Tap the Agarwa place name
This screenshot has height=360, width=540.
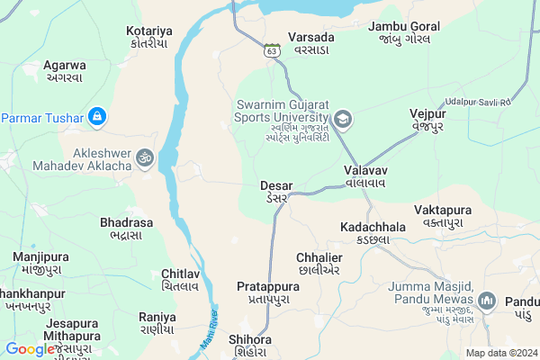(64, 71)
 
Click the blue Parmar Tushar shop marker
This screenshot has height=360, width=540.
(97, 117)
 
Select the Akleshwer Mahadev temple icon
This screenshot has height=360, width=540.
(142, 158)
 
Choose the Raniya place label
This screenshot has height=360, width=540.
(157, 322)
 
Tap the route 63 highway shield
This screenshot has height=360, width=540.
(272, 51)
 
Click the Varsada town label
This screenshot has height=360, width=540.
(311, 43)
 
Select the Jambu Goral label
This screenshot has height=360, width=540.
(403, 32)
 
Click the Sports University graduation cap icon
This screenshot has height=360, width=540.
(343, 119)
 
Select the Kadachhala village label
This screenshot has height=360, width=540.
(373, 233)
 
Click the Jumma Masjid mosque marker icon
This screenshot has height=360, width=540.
(487, 300)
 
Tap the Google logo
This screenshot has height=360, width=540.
(30, 349)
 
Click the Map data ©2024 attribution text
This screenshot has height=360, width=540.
(500, 353)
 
